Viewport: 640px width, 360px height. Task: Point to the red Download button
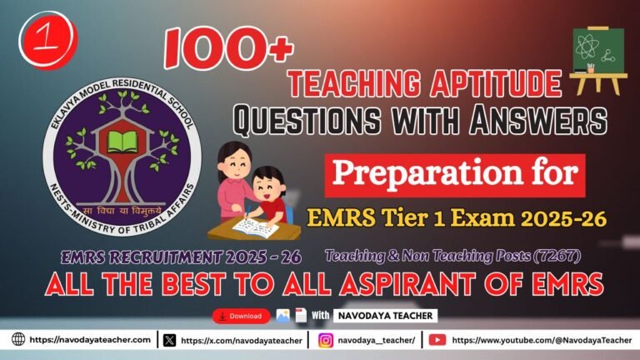click(x=242, y=316)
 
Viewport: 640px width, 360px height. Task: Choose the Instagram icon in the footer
click(x=326, y=340)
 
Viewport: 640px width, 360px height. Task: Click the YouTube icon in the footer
click(x=437, y=340)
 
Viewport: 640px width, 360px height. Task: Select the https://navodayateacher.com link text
click(x=90, y=340)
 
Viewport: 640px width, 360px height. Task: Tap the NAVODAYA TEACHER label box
click(x=386, y=316)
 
